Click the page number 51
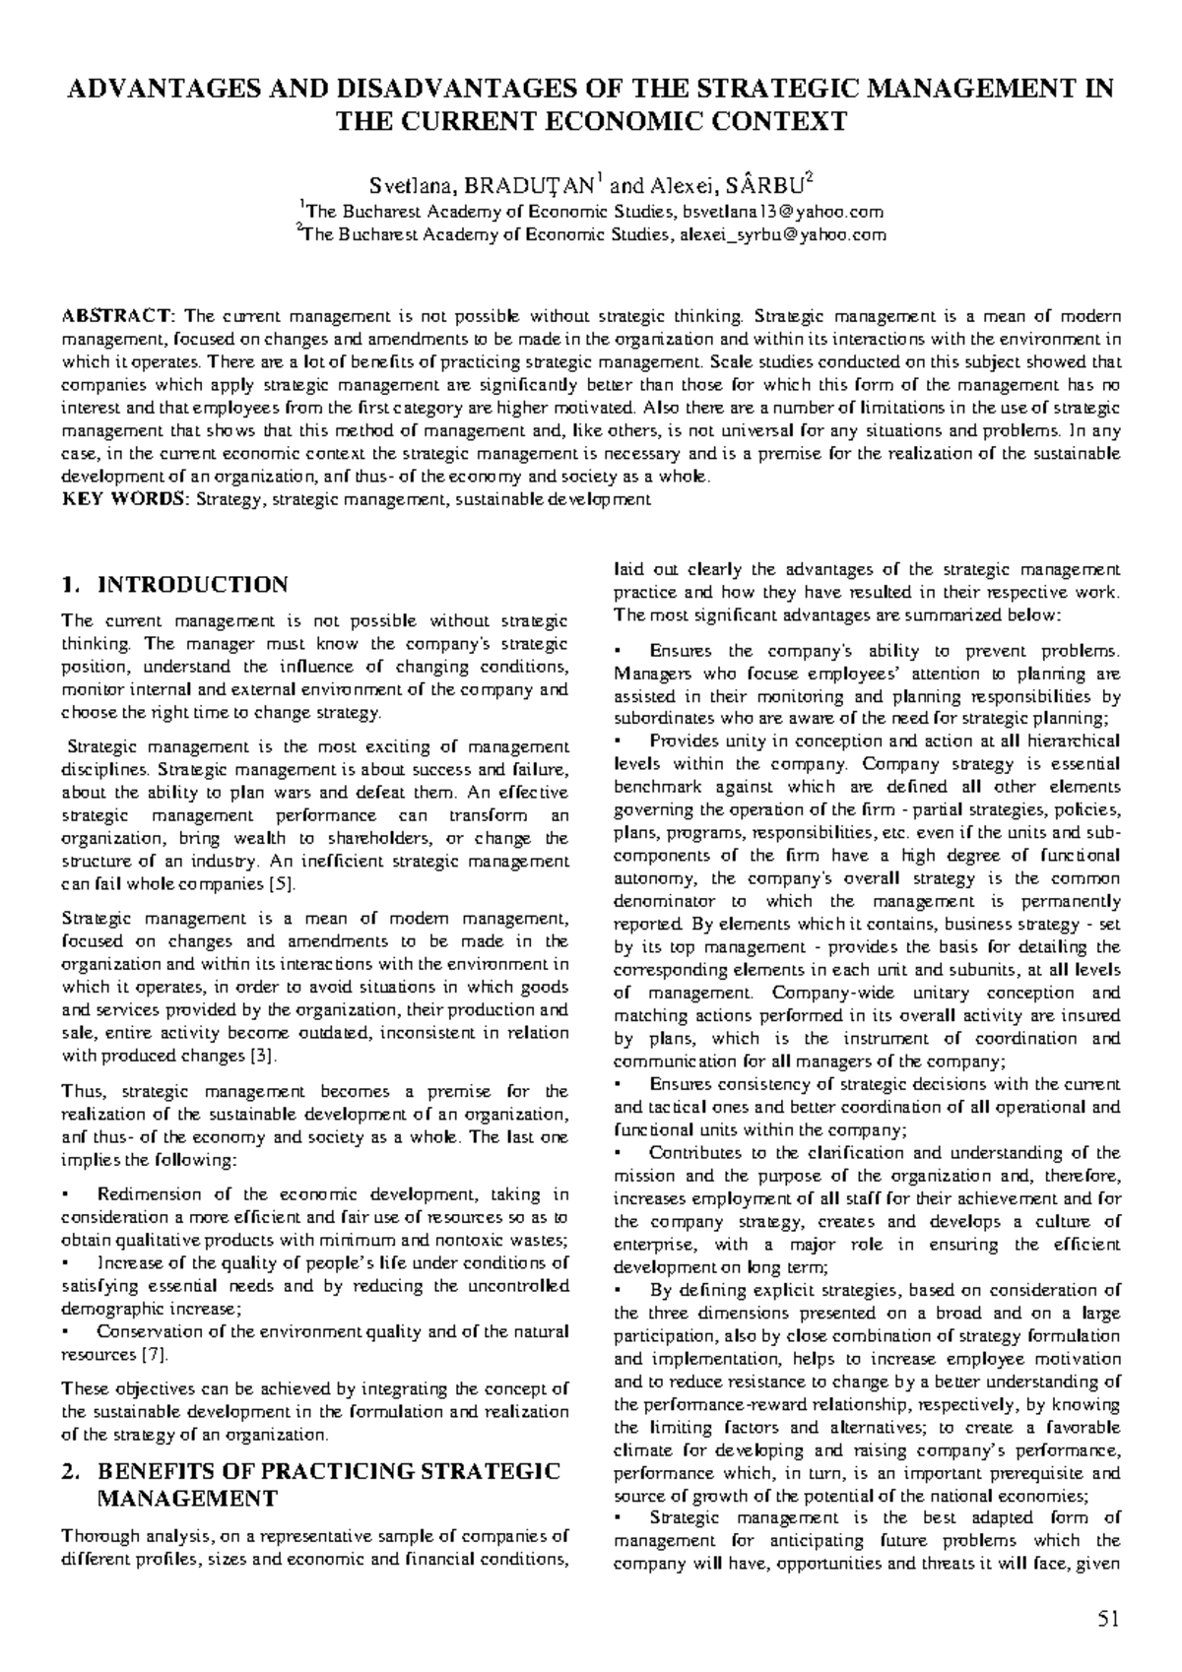click(1108, 1619)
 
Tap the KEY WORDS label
click(123, 500)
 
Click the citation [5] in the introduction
click(281, 884)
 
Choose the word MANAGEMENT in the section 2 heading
click(187, 1500)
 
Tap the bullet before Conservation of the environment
click(65, 1332)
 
